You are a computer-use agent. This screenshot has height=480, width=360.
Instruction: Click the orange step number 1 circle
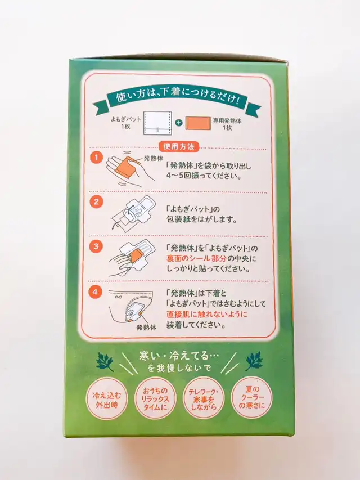[x=96, y=158]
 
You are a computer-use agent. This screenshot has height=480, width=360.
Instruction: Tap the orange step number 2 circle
[x=96, y=202]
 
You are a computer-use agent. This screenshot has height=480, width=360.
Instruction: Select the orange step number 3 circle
[x=96, y=246]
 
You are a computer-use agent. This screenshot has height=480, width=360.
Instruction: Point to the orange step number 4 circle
[x=95, y=291]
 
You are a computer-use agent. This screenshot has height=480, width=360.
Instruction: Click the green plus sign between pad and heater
[x=179, y=123]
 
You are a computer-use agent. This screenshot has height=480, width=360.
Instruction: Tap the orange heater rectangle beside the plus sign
[x=198, y=123]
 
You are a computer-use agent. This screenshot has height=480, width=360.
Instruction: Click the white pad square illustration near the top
[x=157, y=123]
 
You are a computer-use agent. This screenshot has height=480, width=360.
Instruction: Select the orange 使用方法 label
[x=179, y=147]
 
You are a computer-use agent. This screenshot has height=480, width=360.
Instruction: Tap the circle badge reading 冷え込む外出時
[x=107, y=398]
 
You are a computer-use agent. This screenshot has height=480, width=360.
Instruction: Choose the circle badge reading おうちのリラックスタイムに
[x=155, y=398]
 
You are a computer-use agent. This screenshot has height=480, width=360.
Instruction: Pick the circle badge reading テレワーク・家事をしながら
[x=204, y=398]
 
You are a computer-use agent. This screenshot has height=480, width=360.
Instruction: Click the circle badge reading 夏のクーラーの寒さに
[x=251, y=397]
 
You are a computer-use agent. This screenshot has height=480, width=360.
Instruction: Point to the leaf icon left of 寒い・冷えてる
[x=105, y=361]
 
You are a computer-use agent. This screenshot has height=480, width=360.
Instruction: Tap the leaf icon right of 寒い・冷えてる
[x=254, y=361]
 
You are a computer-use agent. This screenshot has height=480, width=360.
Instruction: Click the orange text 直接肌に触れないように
[x=207, y=314]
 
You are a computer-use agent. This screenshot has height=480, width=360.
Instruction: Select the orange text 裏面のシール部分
[x=196, y=258]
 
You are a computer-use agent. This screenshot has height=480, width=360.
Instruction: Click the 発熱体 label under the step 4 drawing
[x=146, y=328]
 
